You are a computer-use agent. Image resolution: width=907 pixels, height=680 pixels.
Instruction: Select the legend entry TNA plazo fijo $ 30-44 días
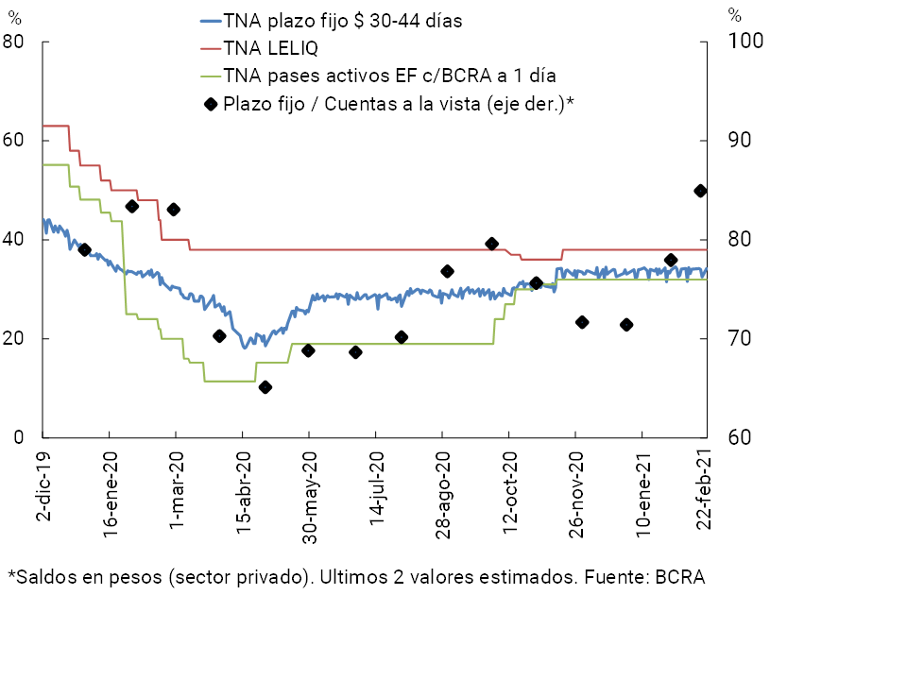(x=342, y=21)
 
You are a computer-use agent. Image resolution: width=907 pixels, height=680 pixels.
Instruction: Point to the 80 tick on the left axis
(x=13, y=42)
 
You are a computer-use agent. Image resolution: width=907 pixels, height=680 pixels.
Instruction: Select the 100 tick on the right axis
(x=737, y=42)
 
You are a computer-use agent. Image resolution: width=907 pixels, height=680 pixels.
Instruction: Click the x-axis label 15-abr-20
(x=244, y=491)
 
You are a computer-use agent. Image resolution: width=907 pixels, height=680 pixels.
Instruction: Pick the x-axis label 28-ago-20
(x=443, y=491)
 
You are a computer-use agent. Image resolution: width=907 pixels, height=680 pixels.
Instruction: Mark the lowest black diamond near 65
(x=265, y=387)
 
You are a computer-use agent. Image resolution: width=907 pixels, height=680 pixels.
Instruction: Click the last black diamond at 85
(x=700, y=191)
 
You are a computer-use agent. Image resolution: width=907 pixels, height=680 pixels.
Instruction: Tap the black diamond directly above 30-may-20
(x=308, y=350)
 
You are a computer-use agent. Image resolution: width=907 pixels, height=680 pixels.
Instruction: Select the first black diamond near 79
(x=84, y=250)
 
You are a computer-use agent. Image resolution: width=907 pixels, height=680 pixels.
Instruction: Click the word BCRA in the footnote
(x=680, y=577)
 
